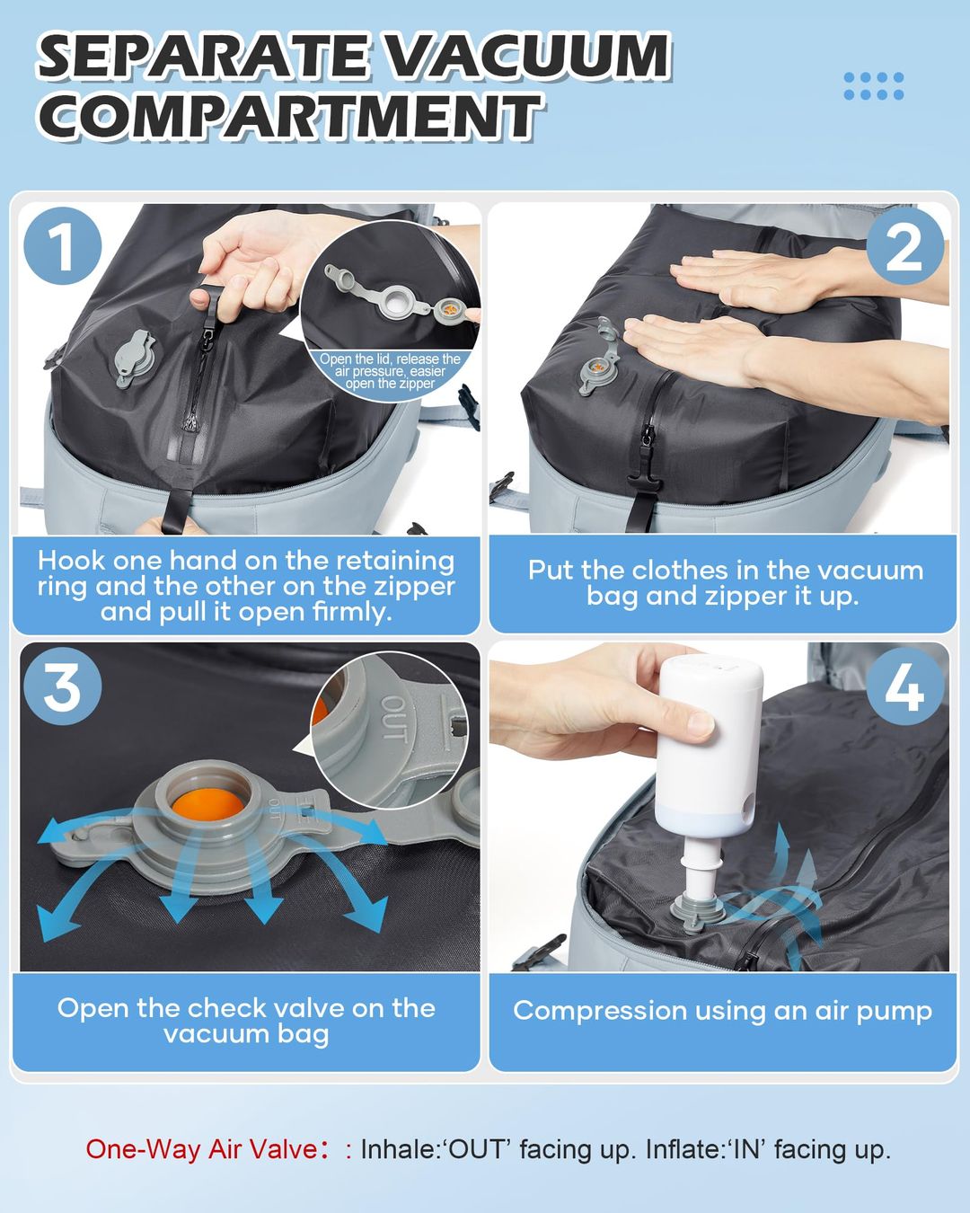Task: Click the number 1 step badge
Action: (x=61, y=245)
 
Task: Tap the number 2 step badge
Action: (x=904, y=246)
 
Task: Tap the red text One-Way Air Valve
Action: (x=201, y=1149)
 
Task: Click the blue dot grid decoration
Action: (x=873, y=86)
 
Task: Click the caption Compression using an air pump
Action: (x=722, y=1011)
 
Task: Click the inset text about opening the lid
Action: (x=390, y=371)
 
